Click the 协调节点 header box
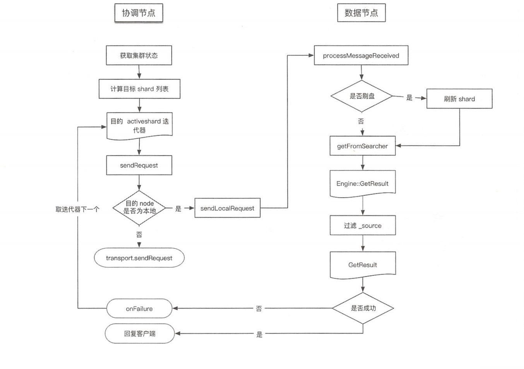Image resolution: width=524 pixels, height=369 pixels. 139,13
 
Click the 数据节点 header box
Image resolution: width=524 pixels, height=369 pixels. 361,13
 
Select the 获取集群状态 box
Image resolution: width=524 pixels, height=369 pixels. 139,55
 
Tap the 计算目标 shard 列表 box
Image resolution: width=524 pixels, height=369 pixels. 139,89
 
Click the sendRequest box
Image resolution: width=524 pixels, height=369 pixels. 139,166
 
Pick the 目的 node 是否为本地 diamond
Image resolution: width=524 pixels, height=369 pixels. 139,208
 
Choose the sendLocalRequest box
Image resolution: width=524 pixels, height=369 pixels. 227,208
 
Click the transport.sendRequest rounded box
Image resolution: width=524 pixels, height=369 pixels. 139,258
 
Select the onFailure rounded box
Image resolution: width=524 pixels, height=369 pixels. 139,309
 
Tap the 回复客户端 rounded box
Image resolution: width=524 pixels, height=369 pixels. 140,334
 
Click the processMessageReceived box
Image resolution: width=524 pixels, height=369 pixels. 361,55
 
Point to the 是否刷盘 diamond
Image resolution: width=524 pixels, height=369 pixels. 361,96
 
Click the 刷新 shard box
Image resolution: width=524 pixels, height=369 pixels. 459,99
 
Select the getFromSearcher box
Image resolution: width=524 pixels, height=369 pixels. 362,146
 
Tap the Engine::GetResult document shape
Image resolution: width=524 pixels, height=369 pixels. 362,183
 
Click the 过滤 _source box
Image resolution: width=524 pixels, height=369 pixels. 362,226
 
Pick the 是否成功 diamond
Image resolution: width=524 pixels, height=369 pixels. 363,308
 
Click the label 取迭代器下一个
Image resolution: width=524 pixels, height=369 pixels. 77,209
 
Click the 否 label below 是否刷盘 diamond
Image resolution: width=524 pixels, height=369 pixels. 361,121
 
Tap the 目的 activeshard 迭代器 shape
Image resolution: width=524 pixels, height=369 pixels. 139,125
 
